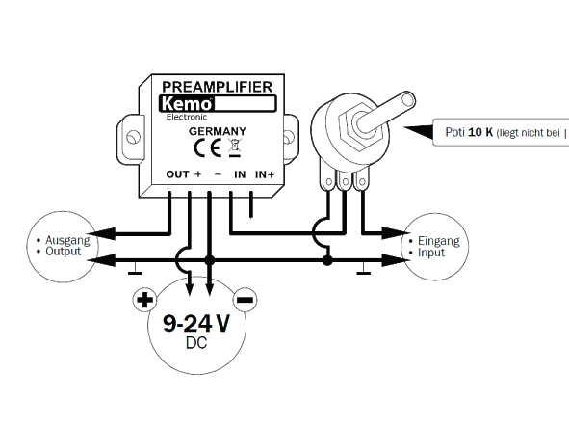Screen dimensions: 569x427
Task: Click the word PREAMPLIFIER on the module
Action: tap(217, 87)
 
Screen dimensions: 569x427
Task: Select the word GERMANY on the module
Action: tap(218, 131)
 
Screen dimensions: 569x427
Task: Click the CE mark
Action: tap(207, 148)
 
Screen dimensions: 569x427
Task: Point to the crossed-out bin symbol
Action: tap(235, 147)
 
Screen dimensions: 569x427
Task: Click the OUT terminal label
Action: tap(177, 174)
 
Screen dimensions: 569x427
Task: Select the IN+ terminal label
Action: tap(265, 174)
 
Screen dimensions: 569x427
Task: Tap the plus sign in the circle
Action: tap(144, 300)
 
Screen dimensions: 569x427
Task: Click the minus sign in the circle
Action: tap(245, 300)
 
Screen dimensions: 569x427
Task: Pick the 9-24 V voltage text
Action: tap(196, 323)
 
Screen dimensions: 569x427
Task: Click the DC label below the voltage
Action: tap(196, 343)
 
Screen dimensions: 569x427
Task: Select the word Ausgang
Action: tap(67, 240)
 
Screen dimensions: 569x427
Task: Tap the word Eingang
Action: tap(439, 241)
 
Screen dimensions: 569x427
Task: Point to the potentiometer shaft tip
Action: tap(408, 99)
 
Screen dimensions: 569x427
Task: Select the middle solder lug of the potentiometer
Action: tap(345, 180)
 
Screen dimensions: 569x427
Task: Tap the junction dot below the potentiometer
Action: tap(327, 260)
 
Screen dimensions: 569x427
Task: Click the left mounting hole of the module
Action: tap(133, 137)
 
